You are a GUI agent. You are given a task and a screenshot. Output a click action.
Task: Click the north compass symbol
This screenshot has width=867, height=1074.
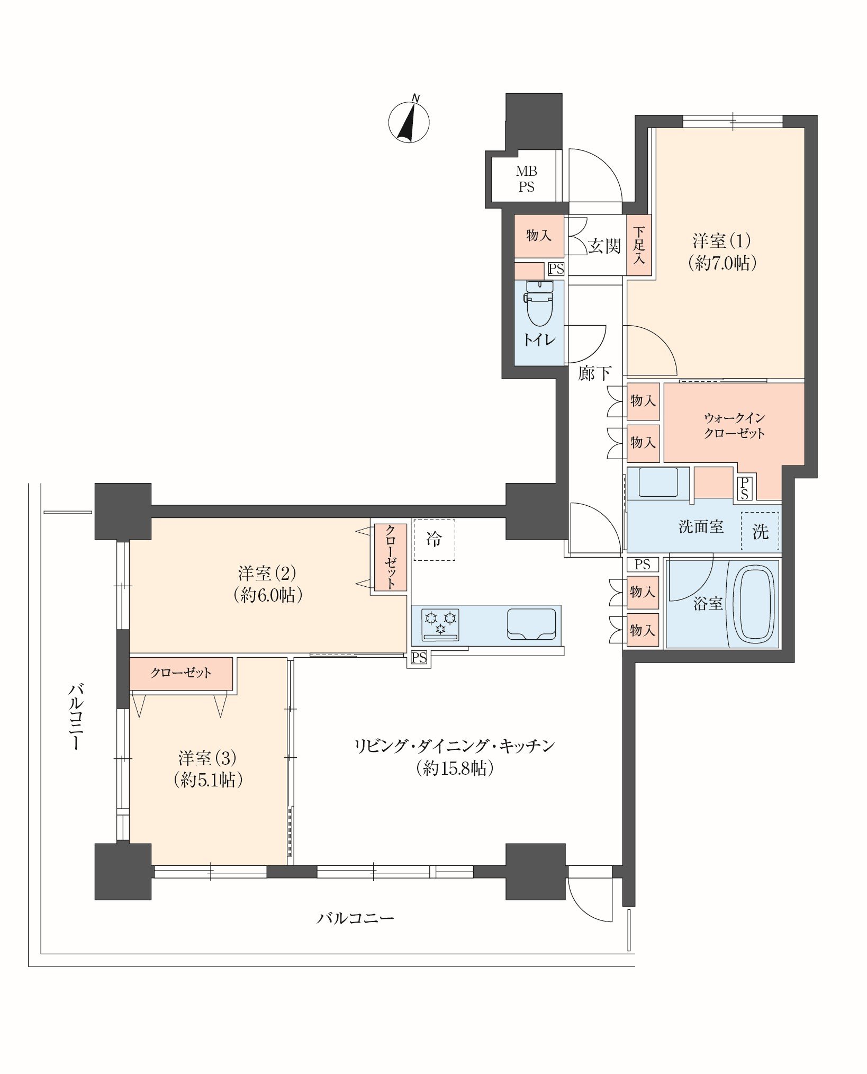coord(409,121)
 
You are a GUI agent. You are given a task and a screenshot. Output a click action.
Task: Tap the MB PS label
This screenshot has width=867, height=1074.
coord(526,179)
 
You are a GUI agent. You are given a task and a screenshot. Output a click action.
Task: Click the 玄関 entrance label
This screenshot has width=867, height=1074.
coord(604,246)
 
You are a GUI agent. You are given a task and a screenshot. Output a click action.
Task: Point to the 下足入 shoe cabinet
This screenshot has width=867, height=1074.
coord(639,245)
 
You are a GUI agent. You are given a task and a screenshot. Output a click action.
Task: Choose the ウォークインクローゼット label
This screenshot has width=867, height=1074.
coord(734,426)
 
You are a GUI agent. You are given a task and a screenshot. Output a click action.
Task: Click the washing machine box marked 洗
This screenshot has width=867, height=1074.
coord(760,532)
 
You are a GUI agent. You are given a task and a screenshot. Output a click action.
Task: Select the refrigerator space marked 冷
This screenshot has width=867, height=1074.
coord(434,539)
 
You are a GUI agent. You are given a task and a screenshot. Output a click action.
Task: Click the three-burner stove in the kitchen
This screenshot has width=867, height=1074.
coord(440,624)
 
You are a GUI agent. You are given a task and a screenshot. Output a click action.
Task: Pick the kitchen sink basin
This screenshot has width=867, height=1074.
coord(531,624)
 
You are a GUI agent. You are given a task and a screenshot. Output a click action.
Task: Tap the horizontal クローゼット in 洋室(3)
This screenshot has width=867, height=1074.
coord(181,673)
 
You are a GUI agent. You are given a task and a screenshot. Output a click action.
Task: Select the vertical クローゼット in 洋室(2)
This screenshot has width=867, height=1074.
coord(391,557)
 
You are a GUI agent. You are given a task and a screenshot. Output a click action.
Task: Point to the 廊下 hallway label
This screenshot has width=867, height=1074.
coord(594,373)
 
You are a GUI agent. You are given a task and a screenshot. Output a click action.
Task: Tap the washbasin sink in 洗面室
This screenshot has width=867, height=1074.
coord(658,482)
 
